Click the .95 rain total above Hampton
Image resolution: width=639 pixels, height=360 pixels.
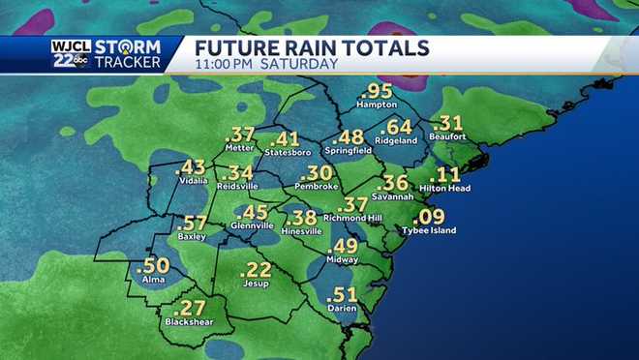coord(379,91)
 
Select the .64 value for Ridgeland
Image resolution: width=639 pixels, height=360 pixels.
coord(396,127)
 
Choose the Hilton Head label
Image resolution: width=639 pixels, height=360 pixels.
coord(445,189)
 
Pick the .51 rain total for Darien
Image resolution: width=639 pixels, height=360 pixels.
coord(346,295)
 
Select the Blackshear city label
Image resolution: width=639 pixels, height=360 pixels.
coord(188,321)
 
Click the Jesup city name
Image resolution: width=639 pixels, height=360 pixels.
coord(256,283)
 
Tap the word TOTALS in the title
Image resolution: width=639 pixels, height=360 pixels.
coord(382,47)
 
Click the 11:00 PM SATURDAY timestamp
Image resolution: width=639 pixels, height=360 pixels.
coord(267,65)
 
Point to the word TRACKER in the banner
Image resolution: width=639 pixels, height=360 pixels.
coord(135,64)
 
